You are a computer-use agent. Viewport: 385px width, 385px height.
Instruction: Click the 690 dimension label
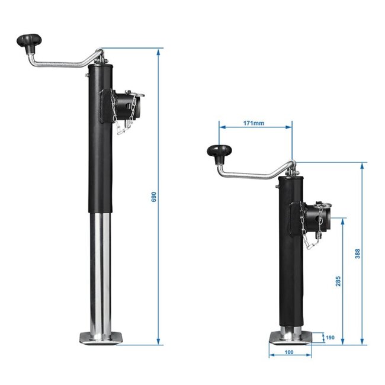(153, 197)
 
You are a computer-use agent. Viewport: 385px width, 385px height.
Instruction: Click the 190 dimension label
(331, 338)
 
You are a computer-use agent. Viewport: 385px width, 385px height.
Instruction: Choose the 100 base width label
(289, 352)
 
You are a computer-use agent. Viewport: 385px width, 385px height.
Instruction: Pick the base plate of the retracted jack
(290, 338)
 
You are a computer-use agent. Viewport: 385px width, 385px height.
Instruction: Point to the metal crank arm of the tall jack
(65, 60)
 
